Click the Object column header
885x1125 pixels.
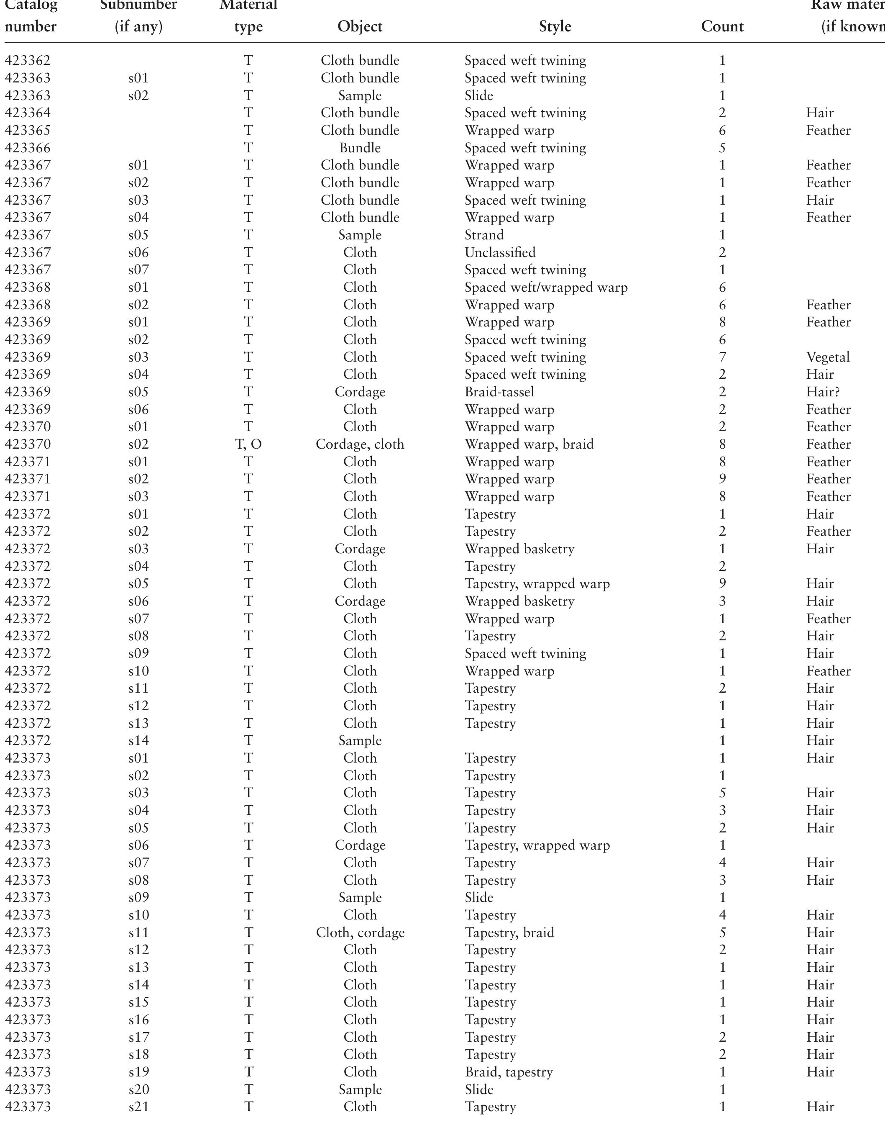[360, 26]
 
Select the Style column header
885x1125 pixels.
[555, 26]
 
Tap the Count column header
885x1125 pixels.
[722, 26]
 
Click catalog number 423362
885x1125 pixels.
[28, 61]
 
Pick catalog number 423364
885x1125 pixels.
[28, 113]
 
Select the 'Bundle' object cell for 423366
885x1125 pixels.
[360, 148]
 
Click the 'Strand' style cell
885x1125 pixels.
[484, 235]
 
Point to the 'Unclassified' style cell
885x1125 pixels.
[500, 252]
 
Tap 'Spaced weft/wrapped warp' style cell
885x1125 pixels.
[546, 287]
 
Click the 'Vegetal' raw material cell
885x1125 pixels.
[827, 357]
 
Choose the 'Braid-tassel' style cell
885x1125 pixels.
[499, 392]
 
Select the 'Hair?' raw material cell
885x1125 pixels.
[822, 392]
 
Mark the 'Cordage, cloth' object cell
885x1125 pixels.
[360, 444]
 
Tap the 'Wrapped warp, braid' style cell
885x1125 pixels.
[529, 444]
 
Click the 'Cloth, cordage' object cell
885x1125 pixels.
[360, 932]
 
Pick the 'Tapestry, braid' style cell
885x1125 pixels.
[509, 932]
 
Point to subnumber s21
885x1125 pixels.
[138, 1107]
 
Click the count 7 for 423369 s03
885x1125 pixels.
[722, 357]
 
